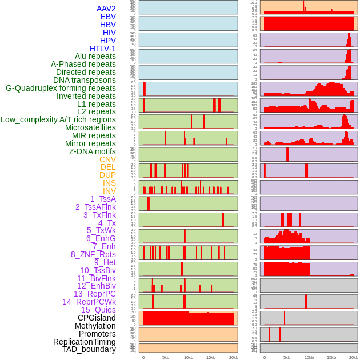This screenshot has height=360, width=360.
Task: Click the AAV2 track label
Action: (x=106, y=9)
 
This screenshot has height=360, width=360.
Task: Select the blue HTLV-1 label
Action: (x=102, y=49)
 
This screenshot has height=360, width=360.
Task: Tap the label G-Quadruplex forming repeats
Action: (x=61, y=89)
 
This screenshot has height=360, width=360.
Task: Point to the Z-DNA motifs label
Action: (x=92, y=151)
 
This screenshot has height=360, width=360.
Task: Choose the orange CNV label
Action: (x=107, y=159)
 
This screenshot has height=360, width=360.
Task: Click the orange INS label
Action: (x=109, y=183)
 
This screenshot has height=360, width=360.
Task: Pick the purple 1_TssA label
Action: (x=103, y=199)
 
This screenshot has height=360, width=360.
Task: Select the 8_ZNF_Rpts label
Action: (x=93, y=254)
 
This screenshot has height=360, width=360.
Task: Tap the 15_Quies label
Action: (x=98, y=310)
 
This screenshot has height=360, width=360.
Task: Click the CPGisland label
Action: (x=97, y=318)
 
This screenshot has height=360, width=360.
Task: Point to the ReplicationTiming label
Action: (x=84, y=342)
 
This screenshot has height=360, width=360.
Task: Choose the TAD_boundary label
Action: (x=89, y=349)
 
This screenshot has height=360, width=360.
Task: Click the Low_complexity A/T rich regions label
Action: (x=58, y=119)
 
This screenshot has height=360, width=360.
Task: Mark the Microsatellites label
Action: (x=90, y=127)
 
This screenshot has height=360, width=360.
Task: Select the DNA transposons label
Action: (x=85, y=80)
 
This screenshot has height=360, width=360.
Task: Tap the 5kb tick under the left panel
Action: (x=166, y=357)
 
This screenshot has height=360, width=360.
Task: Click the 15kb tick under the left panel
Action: (x=211, y=357)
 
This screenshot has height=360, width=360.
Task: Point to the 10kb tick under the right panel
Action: (x=309, y=357)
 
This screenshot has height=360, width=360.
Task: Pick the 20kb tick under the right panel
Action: (x=354, y=357)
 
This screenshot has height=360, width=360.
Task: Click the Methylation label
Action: (x=95, y=326)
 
